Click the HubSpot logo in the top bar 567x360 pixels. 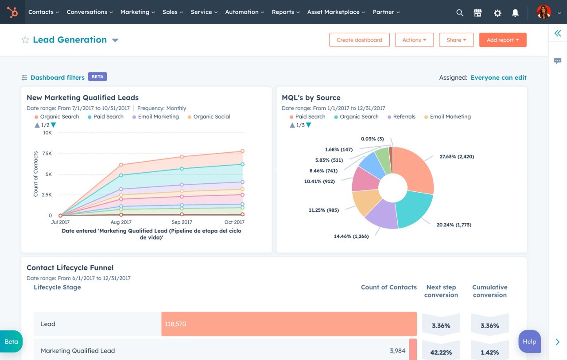pos(12,12)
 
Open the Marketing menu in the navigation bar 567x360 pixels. pos(137,12)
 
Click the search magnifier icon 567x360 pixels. pos(460,13)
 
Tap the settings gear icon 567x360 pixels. pos(497,13)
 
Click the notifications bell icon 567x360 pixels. pos(515,13)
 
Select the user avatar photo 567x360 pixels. pos(544,12)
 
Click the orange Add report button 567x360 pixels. pos(502,40)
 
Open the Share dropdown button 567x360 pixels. pos(456,40)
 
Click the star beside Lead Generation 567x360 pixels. pos(25,40)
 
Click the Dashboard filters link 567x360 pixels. pos(57,77)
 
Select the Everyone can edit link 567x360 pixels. pos(498,77)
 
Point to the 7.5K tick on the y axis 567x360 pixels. pos(47,154)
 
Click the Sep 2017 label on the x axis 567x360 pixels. pos(182,222)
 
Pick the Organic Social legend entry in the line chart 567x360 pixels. pos(211,117)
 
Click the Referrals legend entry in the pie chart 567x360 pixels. pos(404,117)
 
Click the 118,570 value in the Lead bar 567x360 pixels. pos(175,324)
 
